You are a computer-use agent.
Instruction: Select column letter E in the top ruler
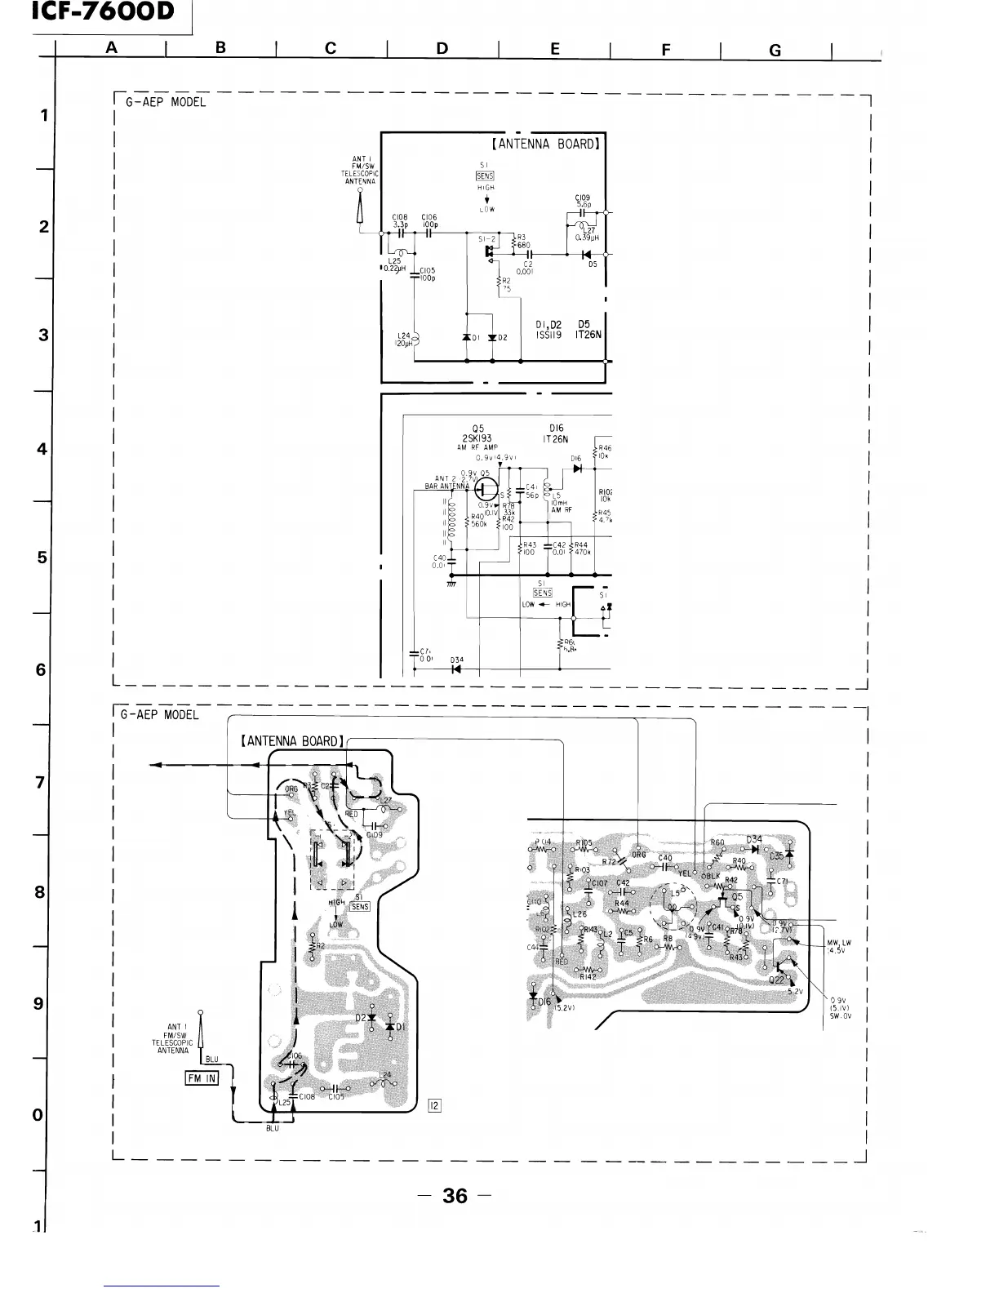tap(555, 49)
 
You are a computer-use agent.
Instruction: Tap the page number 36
tap(455, 1196)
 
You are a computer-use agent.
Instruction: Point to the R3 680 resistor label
tap(521, 240)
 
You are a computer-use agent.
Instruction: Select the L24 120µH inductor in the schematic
tap(415, 340)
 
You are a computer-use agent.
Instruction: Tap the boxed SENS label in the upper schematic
tap(485, 176)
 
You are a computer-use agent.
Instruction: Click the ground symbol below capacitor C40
tap(451, 583)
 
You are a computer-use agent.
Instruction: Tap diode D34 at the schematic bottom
tap(456, 669)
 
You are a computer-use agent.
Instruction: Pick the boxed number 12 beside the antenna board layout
tap(434, 1105)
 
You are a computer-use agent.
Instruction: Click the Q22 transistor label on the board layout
tap(776, 980)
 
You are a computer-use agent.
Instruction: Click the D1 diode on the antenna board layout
tap(391, 1025)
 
